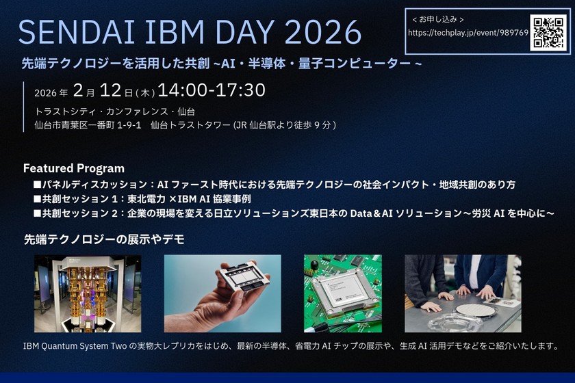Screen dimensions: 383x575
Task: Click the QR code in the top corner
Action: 548,32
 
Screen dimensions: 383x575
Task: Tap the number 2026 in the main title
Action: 322,32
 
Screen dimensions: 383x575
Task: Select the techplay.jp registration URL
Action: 468,33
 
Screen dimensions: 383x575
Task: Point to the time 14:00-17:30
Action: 212,91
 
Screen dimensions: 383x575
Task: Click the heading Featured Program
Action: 74,168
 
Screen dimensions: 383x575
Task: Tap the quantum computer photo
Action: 88,293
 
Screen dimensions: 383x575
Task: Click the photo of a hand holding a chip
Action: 222,293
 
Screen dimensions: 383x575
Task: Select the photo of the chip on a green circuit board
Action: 342,293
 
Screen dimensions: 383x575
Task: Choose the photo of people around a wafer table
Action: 463,293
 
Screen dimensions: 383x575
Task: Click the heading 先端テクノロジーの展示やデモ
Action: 104,239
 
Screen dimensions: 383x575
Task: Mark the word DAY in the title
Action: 242,32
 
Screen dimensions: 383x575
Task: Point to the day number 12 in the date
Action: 114,91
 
